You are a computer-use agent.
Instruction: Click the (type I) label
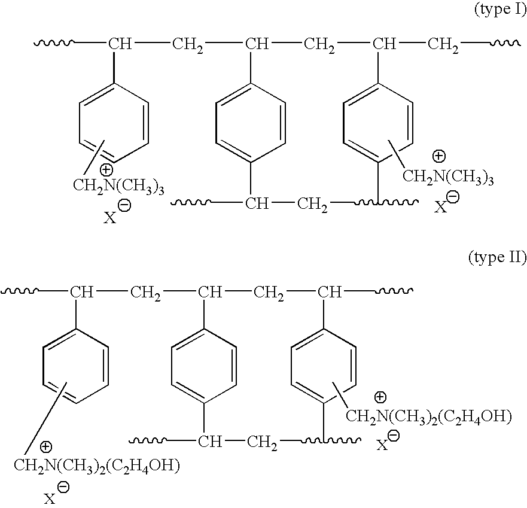pos(499,11)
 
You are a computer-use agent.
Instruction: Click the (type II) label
pos(496,258)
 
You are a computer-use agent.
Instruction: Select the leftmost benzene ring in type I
pos(113,123)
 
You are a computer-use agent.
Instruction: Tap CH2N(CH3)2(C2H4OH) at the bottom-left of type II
pos(96,466)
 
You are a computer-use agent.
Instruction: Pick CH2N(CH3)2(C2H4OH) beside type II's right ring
pos(429,416)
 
